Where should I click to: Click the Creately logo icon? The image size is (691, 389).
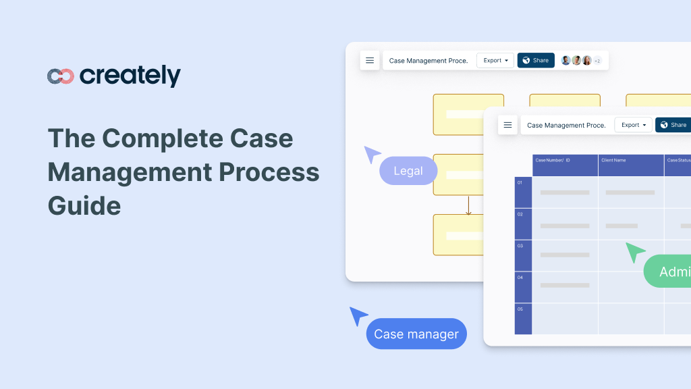click(x=60, y=76)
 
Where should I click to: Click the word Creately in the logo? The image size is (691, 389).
click(x=130, y=76)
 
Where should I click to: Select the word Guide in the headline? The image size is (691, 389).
click(x=84, y=205)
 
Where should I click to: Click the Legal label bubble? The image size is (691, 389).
click(x=408, y=171)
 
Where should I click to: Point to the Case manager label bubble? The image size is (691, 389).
click(x=416, y=334)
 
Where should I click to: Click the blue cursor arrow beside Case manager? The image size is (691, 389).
click(x=358, y=315)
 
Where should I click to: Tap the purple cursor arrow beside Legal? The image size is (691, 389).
click(x=372, y=154)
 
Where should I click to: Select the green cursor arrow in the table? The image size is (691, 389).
click(x=634, y=252)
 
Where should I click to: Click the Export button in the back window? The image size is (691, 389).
click(x=495, y=60)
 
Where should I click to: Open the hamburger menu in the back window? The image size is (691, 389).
click(x=370, y=60)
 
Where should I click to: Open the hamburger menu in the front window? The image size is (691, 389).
click(x=507, y=125)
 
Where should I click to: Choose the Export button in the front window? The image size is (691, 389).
click(x=633, y=125)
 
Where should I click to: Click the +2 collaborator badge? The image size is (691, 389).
click(x=597, y=61)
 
